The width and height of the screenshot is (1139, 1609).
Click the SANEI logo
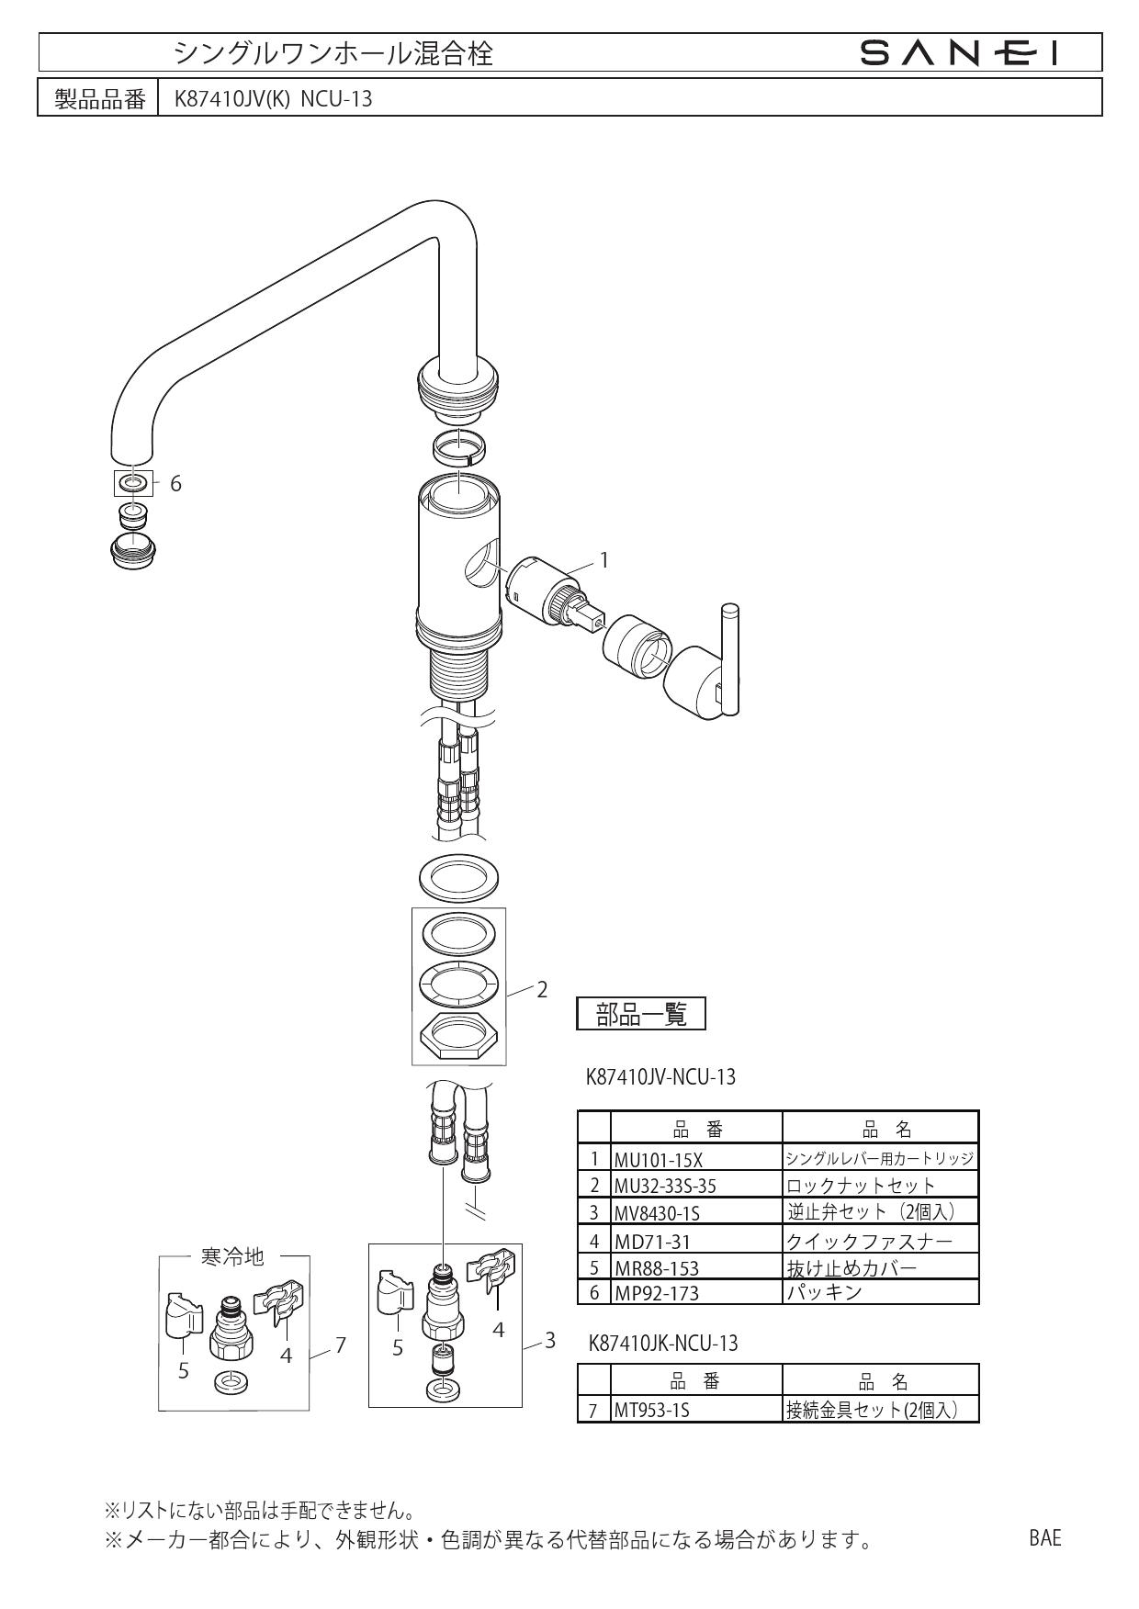961,53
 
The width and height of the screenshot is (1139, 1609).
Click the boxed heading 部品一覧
641,1014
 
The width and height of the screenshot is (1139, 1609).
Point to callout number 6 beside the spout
175,483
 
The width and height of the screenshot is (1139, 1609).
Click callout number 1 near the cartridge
603,559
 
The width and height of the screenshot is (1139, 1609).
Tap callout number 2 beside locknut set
542,989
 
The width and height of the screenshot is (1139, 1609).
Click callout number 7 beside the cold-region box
341,1345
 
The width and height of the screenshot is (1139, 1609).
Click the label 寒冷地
232,1256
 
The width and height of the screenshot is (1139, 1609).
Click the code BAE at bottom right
1044,1537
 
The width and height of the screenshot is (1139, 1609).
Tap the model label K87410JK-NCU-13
662,1344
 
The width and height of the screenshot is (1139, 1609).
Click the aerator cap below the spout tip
134,549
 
